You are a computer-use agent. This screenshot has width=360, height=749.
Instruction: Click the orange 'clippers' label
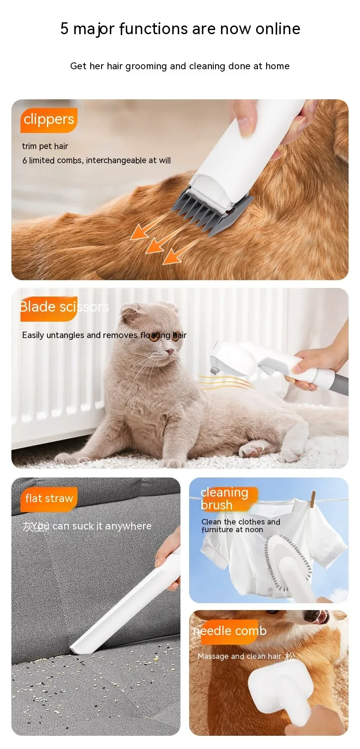(x=49, y=120)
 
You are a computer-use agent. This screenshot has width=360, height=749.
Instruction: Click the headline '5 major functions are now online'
(x=180, y=29)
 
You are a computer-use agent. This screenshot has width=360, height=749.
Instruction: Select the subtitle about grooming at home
(x=180, y=66)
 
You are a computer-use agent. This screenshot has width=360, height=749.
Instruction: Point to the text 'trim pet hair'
(x=45, y=146)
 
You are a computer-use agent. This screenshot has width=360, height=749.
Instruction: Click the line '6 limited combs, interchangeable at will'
(x=97, y=160)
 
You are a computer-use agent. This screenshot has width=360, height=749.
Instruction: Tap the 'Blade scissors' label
(x=64, y=307)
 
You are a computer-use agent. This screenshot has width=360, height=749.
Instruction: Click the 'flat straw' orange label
(x=49, y=498)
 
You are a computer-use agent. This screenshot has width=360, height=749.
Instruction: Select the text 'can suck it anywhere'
(x=102, y=526)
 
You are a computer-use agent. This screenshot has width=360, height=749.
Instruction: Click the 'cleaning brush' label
(x=224, y=498)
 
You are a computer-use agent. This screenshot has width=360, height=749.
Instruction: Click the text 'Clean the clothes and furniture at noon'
(x=241, y=525)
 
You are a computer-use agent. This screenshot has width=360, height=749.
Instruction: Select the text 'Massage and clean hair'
(x=239, y=656)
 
